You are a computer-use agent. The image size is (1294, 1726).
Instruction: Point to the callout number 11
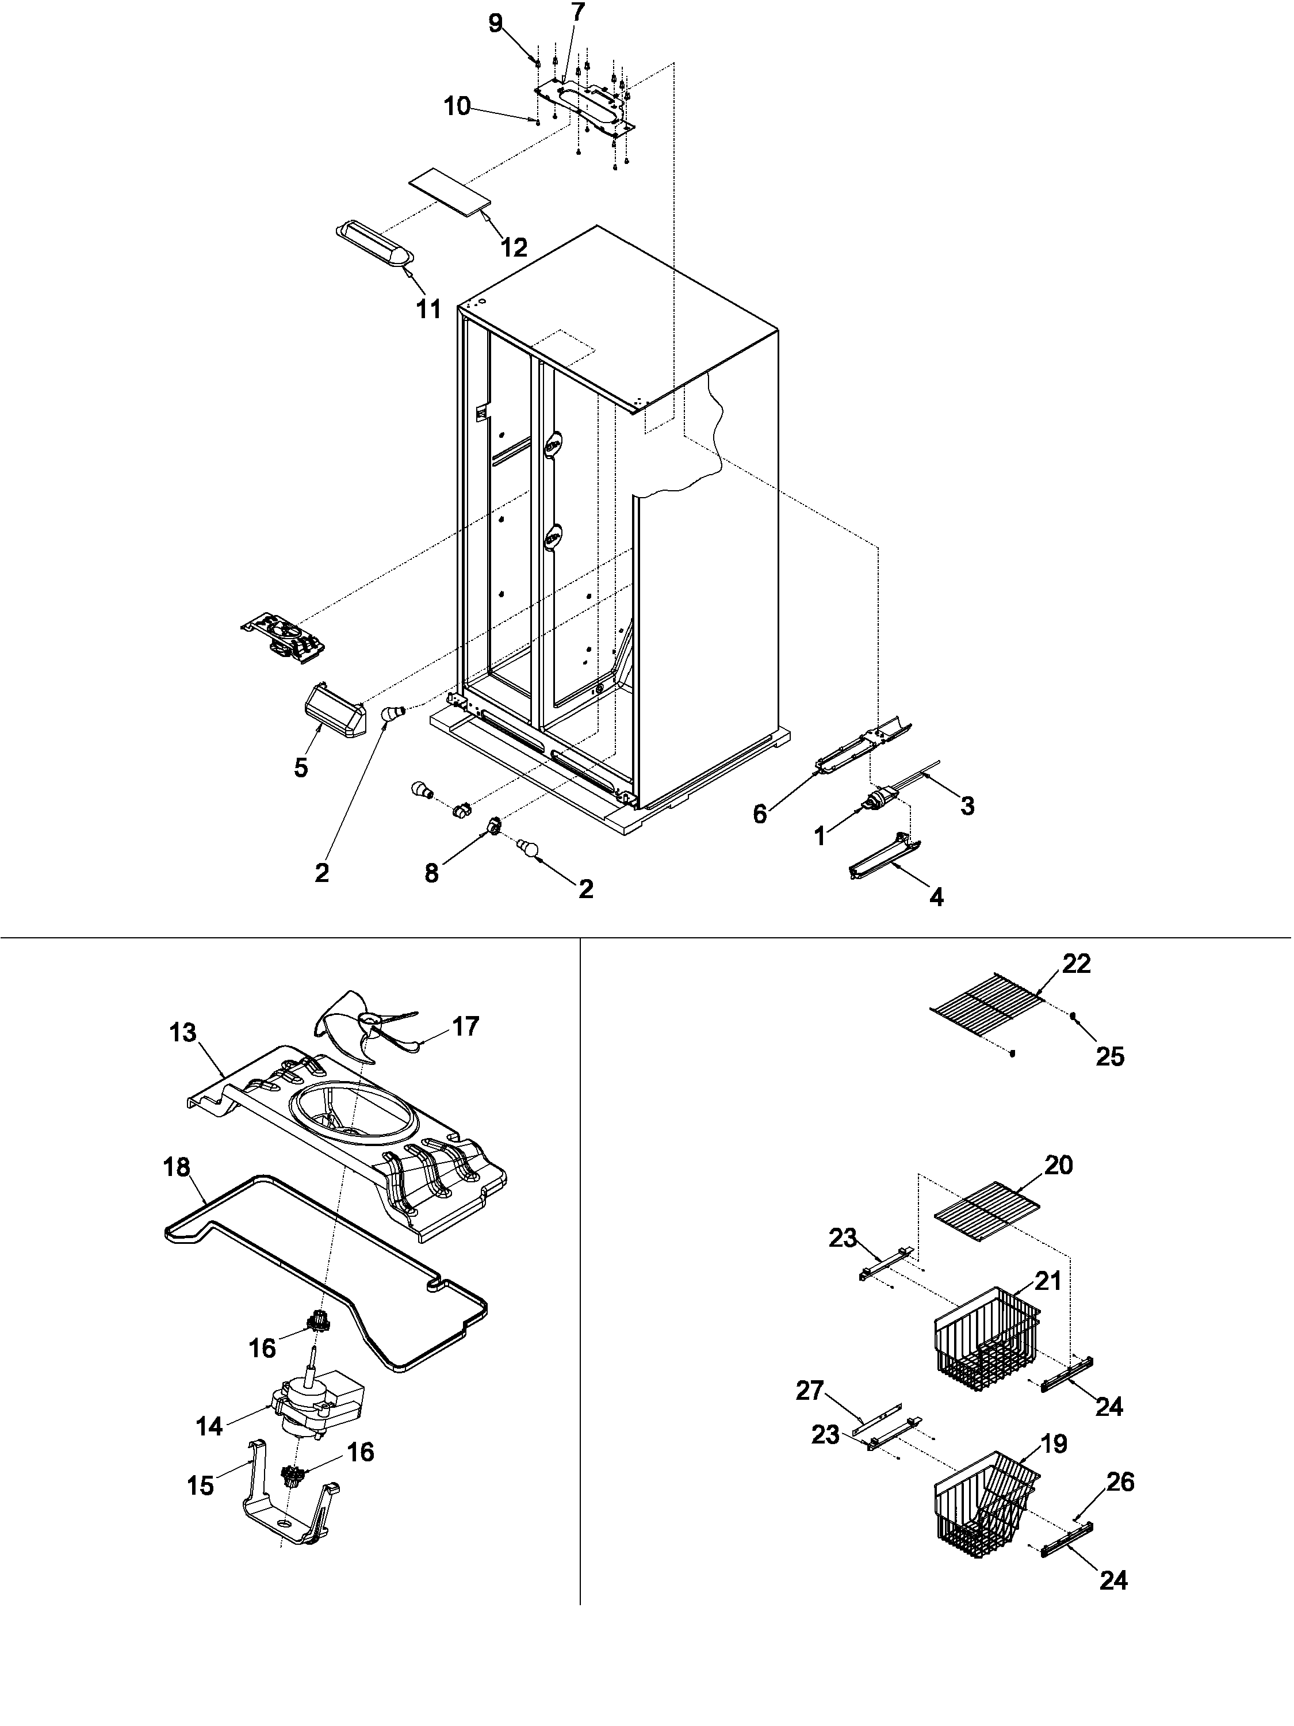pyautogui.click(x=428, y=309)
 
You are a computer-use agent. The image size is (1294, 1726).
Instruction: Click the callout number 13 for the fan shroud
pyautogui.click(x=183, y=1033)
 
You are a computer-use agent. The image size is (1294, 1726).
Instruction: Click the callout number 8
pyautogui.click(x=431, y=873)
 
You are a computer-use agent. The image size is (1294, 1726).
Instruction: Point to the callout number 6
pyautogui.click(x=760, y=814)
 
